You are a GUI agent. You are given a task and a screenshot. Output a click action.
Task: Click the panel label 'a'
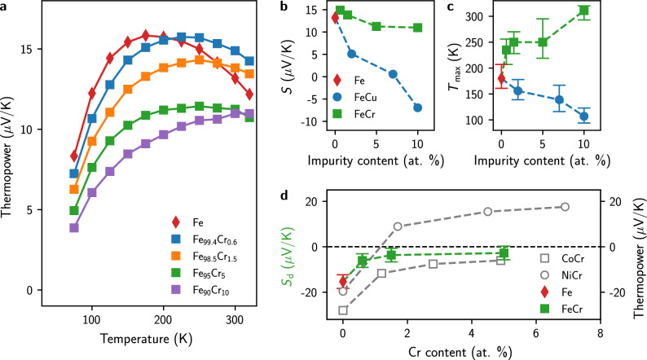[7, 7]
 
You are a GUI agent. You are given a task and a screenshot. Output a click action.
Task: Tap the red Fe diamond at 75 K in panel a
[74, 156]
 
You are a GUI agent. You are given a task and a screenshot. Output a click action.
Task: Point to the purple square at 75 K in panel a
[74, 228]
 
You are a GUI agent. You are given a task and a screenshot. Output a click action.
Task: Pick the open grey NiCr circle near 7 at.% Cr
[564, 207]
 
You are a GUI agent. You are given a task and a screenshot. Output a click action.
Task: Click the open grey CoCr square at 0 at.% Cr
[343, 310]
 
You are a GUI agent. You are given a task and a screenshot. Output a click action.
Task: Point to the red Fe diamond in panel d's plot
[343, 281]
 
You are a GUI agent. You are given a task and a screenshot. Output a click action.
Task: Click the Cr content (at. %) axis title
[471, 351]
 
